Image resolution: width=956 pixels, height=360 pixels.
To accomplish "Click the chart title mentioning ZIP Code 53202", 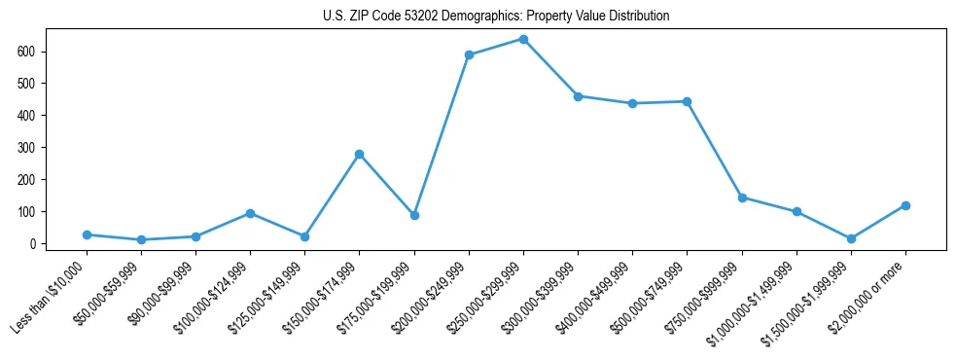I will [496, 17].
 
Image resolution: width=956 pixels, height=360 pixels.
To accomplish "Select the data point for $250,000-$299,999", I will [523, 40].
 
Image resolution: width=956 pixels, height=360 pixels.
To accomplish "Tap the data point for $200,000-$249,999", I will [469, 54].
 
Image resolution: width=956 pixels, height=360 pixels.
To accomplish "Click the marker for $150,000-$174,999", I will [360, 154].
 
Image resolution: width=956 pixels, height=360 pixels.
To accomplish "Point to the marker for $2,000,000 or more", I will [905, 205].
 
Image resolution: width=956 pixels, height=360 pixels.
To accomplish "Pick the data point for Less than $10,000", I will [87, 234].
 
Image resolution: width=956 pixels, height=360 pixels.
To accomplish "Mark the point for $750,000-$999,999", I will [742, 198].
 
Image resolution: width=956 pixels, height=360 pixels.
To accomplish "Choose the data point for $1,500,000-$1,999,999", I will [851, 238].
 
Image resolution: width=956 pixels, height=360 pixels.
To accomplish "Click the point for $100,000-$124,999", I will [251, 213].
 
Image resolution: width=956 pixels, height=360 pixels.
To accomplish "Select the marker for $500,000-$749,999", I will [688, 101].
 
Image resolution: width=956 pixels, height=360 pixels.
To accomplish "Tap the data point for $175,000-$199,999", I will [414, 215].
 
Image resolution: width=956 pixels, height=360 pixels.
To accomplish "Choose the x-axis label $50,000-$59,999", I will [115, 291].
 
